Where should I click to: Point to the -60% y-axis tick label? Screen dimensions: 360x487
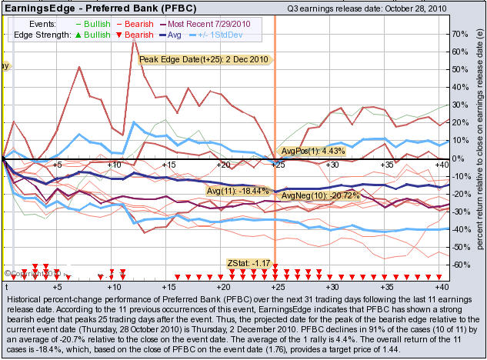click(x=461, y=265)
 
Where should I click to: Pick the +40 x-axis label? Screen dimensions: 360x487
click(x=442, y=165)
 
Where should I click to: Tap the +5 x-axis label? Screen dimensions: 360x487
click(x=57, y=165)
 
